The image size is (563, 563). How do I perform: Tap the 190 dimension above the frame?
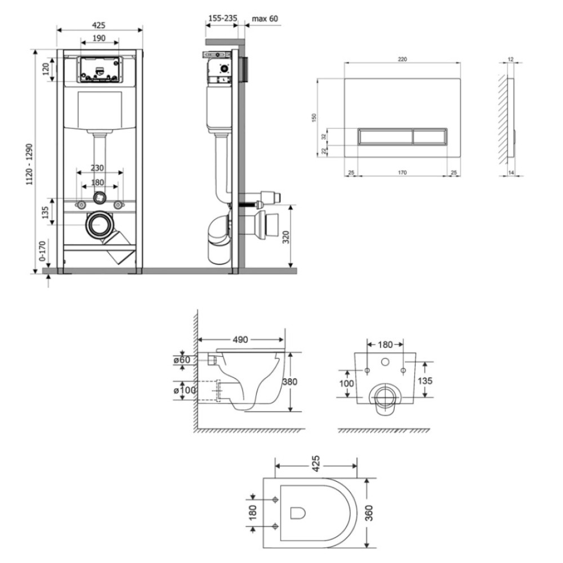(x=99, y=38)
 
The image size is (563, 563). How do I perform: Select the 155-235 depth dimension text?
(x=223, y=18)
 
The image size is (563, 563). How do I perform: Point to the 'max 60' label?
(x=265, y=19)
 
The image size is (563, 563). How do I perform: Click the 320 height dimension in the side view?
(x=286, y=237)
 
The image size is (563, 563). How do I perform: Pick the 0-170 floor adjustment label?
(x=42, y=251)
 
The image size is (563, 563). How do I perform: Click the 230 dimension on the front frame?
(x=97, y=168)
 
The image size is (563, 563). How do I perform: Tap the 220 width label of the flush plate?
(x=402, y=59)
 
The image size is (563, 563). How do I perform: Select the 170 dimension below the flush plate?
(x=402, y=173)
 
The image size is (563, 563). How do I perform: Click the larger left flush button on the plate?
(x=386, y=136)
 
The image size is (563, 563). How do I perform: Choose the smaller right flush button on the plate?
(x=430, y=136)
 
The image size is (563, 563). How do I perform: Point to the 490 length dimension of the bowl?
(x=240, y=339)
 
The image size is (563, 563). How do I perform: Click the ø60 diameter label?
(x=182, y=359)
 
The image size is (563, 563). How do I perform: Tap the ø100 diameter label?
(x=185, y=390)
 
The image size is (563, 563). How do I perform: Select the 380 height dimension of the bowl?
(x=290, y=381)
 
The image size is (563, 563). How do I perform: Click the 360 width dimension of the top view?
(x=370, y=513)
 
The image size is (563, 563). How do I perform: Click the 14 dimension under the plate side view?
(x=511, y=173)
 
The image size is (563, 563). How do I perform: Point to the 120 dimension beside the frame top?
(x=46, y=69)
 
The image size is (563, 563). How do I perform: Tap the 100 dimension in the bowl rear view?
(x=346, y=383)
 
